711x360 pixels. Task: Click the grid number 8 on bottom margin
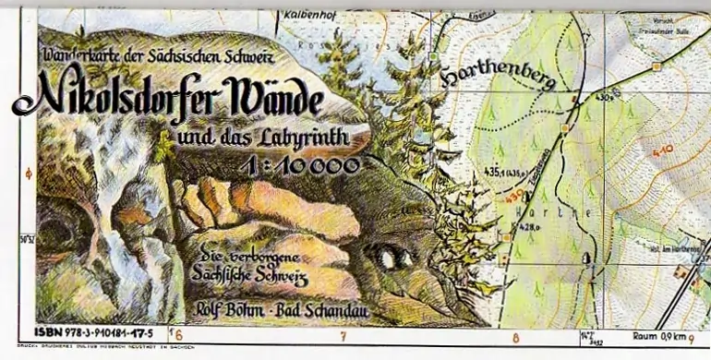click(x=515, y=337)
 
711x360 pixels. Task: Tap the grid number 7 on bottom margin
click(x=343, y=337)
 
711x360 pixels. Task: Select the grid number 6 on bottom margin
click(x=178, y=335)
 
